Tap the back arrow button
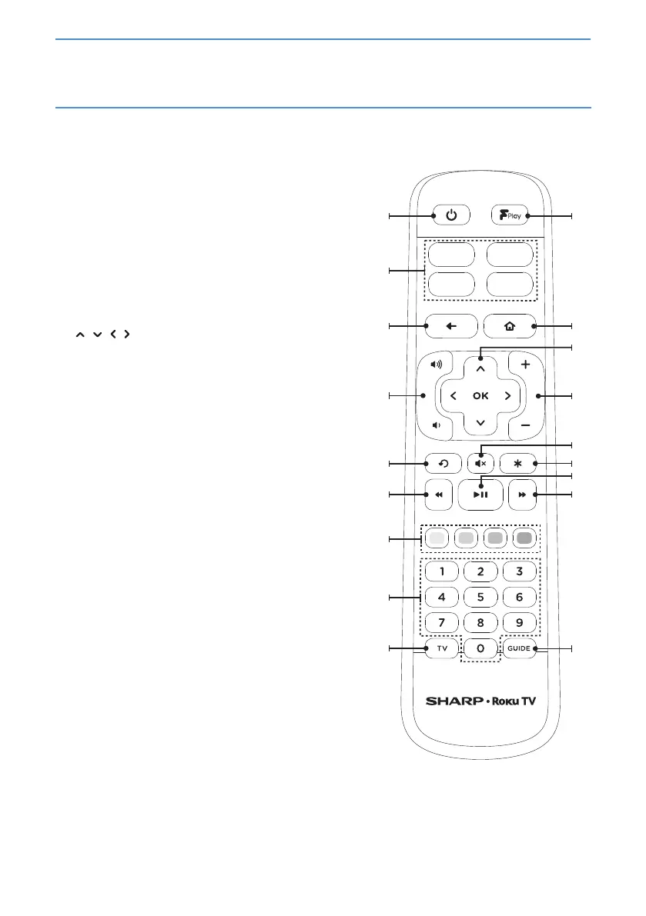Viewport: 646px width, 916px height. (x=450, y=326)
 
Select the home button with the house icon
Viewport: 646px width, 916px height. (x=510, y=326)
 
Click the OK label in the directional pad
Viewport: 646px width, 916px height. (x=480, y=396)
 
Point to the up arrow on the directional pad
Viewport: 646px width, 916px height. (x=480, y=369)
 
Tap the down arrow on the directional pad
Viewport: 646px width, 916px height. (x=480, y=423)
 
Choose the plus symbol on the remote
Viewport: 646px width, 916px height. (x=525, y=365)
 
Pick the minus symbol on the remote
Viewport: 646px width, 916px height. (x=525, y=425)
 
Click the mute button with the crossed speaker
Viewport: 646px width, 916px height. (x=480, y=464)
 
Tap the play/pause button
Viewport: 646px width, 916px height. (x=480, y=495)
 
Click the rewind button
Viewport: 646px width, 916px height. (x=439, y=495)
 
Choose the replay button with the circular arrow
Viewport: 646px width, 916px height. (x=442, y=464)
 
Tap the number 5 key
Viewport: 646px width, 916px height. (x=480, y=596)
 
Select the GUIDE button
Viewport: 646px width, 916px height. (x=520, y=649)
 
